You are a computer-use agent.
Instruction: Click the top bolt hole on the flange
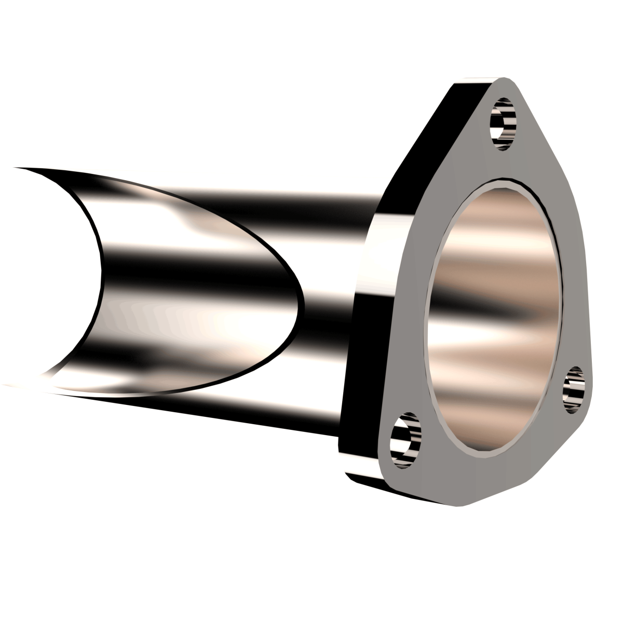click(x=503, y=125)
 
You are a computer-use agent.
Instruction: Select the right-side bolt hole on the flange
click(x=575, y=390)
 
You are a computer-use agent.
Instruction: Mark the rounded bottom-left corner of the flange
click(x=363, y=467)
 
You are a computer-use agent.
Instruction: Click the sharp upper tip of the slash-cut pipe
click(x=16, y=168)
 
